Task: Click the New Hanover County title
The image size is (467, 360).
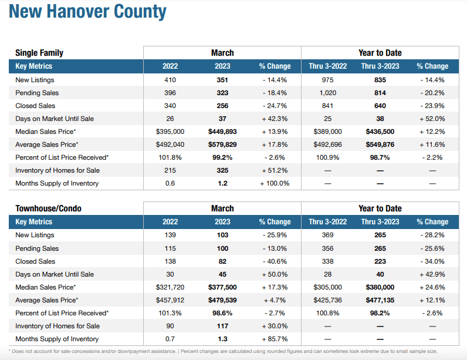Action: pos(87,12)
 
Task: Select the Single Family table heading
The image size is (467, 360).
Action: pos(39,53)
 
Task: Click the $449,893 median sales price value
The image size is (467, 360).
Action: pos(222,132)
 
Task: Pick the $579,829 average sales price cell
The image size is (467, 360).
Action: pos(222,144)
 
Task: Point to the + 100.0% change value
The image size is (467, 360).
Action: pos(275,183)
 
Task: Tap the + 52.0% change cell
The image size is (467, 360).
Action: pos(432,119)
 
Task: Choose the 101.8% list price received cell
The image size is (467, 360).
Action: pos(170,157)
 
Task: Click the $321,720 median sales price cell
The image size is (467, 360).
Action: pos(170,287)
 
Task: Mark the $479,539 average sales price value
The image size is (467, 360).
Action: pos(222,300)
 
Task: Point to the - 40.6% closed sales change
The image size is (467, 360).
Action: pos(275,261)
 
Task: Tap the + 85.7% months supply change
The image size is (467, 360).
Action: pos(275,339)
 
